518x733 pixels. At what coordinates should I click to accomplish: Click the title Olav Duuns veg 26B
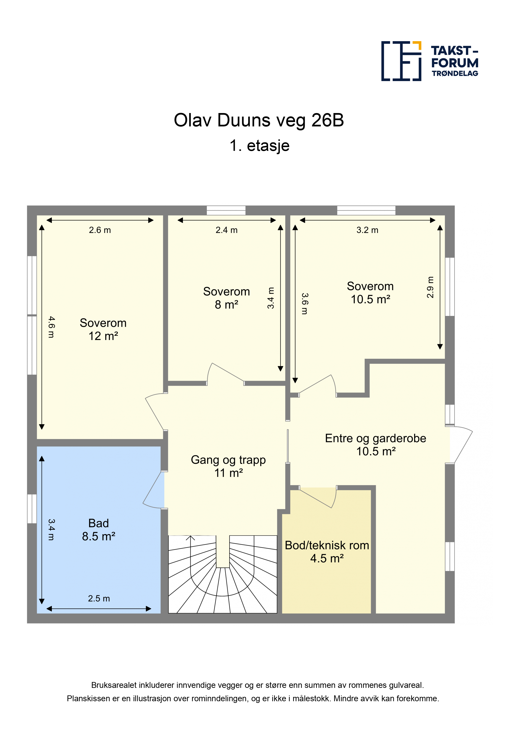[x=259, y=120]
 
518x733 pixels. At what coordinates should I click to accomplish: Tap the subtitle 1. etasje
[x=259, y=146]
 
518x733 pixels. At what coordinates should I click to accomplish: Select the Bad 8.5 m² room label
[x=99, y=530]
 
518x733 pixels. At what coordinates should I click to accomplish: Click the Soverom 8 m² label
[x=227, y=298]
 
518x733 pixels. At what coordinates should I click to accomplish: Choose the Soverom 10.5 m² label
[x=370, y=293]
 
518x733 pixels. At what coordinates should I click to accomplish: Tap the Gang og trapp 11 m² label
[x=228, y=466]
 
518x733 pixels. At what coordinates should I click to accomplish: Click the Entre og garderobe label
[x=376, y=438]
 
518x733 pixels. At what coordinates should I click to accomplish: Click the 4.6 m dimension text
[x=51, y=327]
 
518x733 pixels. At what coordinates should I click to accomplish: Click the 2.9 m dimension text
[x=430, y=287]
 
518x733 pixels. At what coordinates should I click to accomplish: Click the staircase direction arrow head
[x=190, y=538]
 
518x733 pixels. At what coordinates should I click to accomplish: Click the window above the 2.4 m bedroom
[x=226, y=210]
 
